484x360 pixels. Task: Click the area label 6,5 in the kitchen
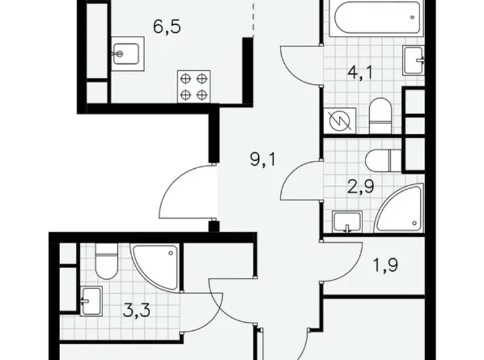pyautogui.click(x=168, y=29)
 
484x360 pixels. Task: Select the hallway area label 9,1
pyautogui.click(x=262, y=161)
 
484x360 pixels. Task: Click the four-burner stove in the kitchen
pyautogui.click(x=194, y=86)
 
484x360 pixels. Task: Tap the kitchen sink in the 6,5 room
pyautogui.click(x=127, y=55)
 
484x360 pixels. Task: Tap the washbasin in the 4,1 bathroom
pyautogui.click(x=414, y=60)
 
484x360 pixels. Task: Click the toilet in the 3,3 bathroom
pyautogui.click(x=106, y=263)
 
